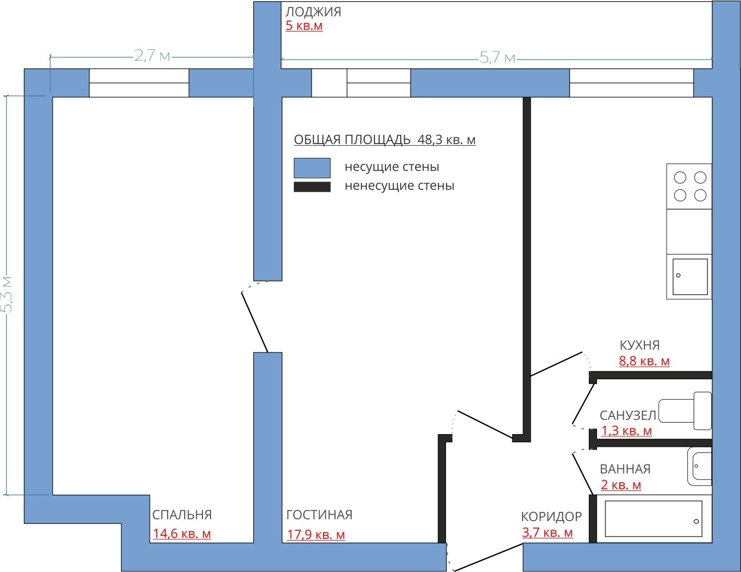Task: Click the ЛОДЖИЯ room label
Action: [x=313, y=12]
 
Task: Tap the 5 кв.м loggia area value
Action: [x=304, y=26]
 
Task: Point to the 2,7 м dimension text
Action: [x=152, y=55]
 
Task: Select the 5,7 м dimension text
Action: [x=497, y=58]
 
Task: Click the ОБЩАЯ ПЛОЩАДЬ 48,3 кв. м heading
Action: [x=385, y=140]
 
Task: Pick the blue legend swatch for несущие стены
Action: [x=312, y=168]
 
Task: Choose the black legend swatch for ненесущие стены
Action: [x=312, y=187]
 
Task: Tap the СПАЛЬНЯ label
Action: [x=182, y=515]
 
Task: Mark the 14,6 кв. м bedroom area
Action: [x=182, y=534]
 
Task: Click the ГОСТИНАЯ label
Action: [x=319, y=515]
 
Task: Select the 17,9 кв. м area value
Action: [x=316, y=534]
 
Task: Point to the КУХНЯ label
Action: [x=639, y=345]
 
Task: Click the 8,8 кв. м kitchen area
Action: [x=644, y=361]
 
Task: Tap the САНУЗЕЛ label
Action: [x=628, y=415]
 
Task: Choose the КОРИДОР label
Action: [x=551, y=517]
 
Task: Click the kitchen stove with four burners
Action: [x=689, y=186]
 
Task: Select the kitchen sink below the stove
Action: [x=689, y=277]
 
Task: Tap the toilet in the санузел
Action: [x=685, y=411]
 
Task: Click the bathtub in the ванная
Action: [x=654, y=519]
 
